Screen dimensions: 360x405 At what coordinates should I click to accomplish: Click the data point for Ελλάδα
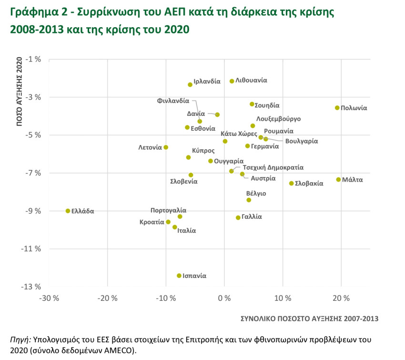(68, 211)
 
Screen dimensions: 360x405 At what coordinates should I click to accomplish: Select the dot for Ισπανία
(179, 276)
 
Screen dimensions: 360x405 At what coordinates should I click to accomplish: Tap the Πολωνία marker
(337, 108)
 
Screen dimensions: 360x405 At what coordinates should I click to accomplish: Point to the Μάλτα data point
(338, 180)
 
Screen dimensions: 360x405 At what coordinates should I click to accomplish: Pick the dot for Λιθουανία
(232, 81)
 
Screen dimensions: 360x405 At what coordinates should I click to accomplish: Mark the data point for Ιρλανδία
(190, 84)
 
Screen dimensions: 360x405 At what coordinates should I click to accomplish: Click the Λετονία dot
(166, 147)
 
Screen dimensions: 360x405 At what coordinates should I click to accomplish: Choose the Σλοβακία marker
(291, 183)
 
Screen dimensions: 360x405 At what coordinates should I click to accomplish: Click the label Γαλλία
(252, 216)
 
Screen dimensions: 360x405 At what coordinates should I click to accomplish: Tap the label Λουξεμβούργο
(278, 119)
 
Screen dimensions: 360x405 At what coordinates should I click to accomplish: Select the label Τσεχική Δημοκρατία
(273, 168)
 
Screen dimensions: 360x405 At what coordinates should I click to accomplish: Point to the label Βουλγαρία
(302, 141)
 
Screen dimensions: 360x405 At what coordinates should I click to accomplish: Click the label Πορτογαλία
(168, 210)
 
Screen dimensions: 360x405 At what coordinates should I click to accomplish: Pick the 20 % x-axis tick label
(341, 299)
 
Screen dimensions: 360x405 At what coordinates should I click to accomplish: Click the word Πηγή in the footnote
(20, 340)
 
